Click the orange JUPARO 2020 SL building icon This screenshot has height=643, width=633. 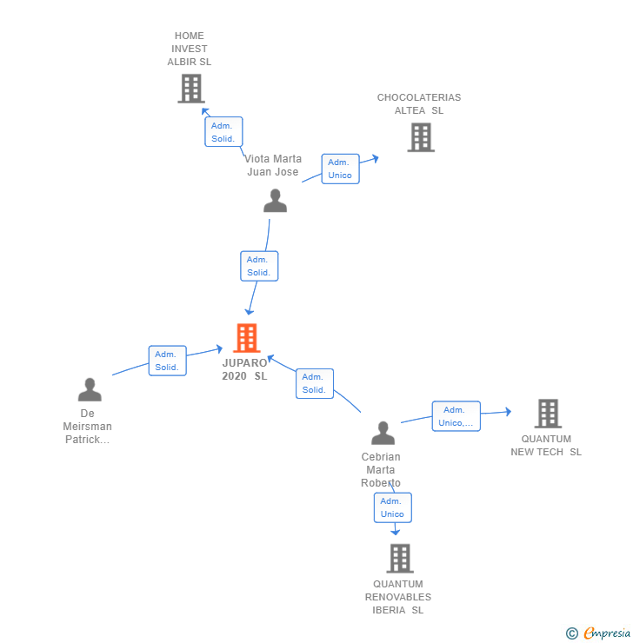[x=247, y=338]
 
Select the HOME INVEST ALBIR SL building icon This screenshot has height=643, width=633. [x=190, y=89]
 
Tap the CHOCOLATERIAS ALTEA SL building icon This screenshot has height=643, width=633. [x=421, y=137]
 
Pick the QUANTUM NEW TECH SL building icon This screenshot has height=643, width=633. [x=547, y=414]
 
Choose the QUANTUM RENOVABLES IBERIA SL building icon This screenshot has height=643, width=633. [x=399, y=559]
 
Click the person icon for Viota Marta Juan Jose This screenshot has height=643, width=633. [x=275, y=202]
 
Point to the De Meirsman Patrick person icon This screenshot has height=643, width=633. [x=90, y=390]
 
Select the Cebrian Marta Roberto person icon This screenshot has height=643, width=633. [x=383, y=433]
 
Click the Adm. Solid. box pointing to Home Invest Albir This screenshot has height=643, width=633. [x=223, y=132]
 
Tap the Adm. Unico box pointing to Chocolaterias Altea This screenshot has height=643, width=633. [x=340, y=169]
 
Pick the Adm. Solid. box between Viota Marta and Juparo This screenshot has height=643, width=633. [x=259, y=266]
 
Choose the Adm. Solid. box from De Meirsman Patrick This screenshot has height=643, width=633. [x=167, y=361]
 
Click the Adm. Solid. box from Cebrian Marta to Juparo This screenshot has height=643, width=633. [x=314, y=383]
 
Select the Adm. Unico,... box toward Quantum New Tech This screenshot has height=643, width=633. [x=456, y=416]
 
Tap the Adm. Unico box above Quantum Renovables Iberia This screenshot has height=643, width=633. [x=392, y=507]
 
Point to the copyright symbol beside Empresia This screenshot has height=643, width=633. [x=572, y=633]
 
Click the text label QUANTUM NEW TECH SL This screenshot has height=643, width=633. [x=546, y=446]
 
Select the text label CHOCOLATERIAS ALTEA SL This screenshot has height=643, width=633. [x=419, y=104]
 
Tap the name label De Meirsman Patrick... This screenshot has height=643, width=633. [x=87, y=427]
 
